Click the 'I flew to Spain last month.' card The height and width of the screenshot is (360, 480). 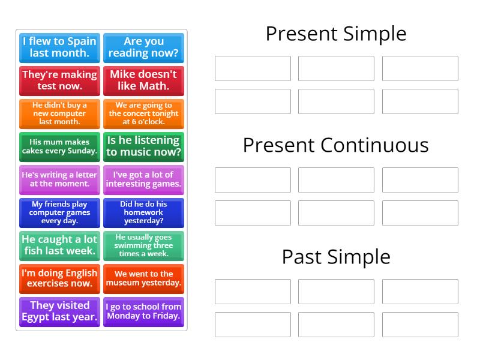coord(59,47)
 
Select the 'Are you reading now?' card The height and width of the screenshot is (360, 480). coord(143,47)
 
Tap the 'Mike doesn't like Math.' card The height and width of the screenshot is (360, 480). coord(143,80)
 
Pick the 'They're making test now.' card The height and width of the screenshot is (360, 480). coord(59,80)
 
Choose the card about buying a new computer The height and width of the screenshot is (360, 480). coord(59,113)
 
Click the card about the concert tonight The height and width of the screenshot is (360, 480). coord(143,113)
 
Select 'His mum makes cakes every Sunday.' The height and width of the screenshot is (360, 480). coord(59,146)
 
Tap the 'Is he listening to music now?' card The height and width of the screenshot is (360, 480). coord(143,146)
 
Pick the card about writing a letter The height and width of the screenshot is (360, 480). coord(59,179)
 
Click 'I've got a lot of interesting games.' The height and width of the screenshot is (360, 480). coord(143,179)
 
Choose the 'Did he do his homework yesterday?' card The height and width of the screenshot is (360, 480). coord(143,212)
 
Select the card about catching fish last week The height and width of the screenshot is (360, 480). coord(59,245)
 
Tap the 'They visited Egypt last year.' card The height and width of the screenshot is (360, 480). coord(59,311)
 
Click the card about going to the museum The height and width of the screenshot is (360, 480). coord(143,278)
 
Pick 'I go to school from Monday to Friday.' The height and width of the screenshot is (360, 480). coord(143,311)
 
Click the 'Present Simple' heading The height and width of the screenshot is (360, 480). coord(336,34)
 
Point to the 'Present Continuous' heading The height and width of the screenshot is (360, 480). coord(336,145)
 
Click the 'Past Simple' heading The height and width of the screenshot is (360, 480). coord(336,257)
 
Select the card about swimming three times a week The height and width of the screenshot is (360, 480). coord(143,245)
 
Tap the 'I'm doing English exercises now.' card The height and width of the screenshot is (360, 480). coord(59,278)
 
